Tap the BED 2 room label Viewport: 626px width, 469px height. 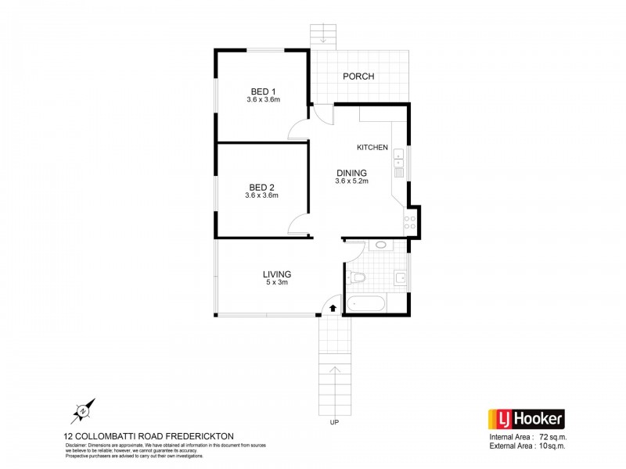click(261, 187)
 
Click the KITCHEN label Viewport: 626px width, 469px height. click(372, 147)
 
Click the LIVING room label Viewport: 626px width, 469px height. click(277, 274)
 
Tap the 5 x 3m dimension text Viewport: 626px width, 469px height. click(277, 283)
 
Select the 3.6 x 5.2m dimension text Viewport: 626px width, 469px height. click(351, 181)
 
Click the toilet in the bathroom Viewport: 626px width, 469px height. click(358, 277)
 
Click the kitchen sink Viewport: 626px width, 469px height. click(398, 160)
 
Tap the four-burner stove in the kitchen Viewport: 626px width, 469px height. click(408, 220)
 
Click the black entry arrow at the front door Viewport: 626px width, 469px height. click(332, 307)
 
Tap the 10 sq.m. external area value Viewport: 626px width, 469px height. click(553, 446)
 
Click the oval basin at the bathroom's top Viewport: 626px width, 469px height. click(381, 245)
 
